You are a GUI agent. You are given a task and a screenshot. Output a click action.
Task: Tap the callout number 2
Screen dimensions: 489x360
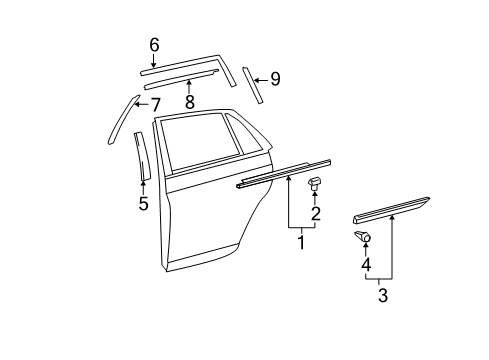pos(315,213)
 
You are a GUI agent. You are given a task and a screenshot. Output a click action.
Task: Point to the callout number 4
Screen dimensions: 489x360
pos(365,265)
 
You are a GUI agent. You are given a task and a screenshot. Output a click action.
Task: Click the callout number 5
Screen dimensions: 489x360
pos(143,205)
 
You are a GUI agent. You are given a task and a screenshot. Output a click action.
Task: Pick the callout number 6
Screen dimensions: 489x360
pos(154,44)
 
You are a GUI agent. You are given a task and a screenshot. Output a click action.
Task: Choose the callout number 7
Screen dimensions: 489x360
pos(156,103)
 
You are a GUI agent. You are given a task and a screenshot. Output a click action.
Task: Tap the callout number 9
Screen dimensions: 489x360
pos(275,78)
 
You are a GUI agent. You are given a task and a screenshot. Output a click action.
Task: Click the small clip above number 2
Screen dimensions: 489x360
pos(314,183)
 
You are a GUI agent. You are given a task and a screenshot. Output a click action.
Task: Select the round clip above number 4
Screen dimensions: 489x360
pos(363,237)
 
